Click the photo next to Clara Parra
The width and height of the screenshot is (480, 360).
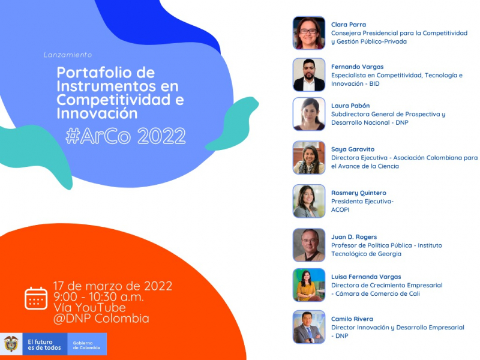[309, 32]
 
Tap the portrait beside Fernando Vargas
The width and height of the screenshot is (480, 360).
[309, 74]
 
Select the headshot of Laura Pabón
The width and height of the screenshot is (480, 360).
[309, 114]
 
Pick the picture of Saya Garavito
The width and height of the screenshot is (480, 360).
[309, 158]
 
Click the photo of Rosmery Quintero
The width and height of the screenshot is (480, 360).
[309, 201]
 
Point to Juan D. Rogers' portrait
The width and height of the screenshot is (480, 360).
[309, 245]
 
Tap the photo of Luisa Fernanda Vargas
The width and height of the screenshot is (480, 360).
[309, 284]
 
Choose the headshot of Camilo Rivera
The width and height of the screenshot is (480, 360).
[309, 327]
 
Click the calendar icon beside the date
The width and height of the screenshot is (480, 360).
[36, 298]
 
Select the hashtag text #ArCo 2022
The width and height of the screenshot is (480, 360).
[125, 136]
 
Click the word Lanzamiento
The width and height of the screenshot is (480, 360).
[68, 55]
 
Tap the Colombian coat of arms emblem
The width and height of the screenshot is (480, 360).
[11, 344]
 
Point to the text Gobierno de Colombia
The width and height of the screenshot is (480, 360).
[86, 344]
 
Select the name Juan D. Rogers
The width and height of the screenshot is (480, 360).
[354, 237]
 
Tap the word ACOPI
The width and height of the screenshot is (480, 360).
[341, 210]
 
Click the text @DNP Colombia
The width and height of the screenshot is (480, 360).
[101, 319]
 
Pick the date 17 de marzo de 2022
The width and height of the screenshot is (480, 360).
[113, 286]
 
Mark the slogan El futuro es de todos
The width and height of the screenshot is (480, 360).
[44, 344]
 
